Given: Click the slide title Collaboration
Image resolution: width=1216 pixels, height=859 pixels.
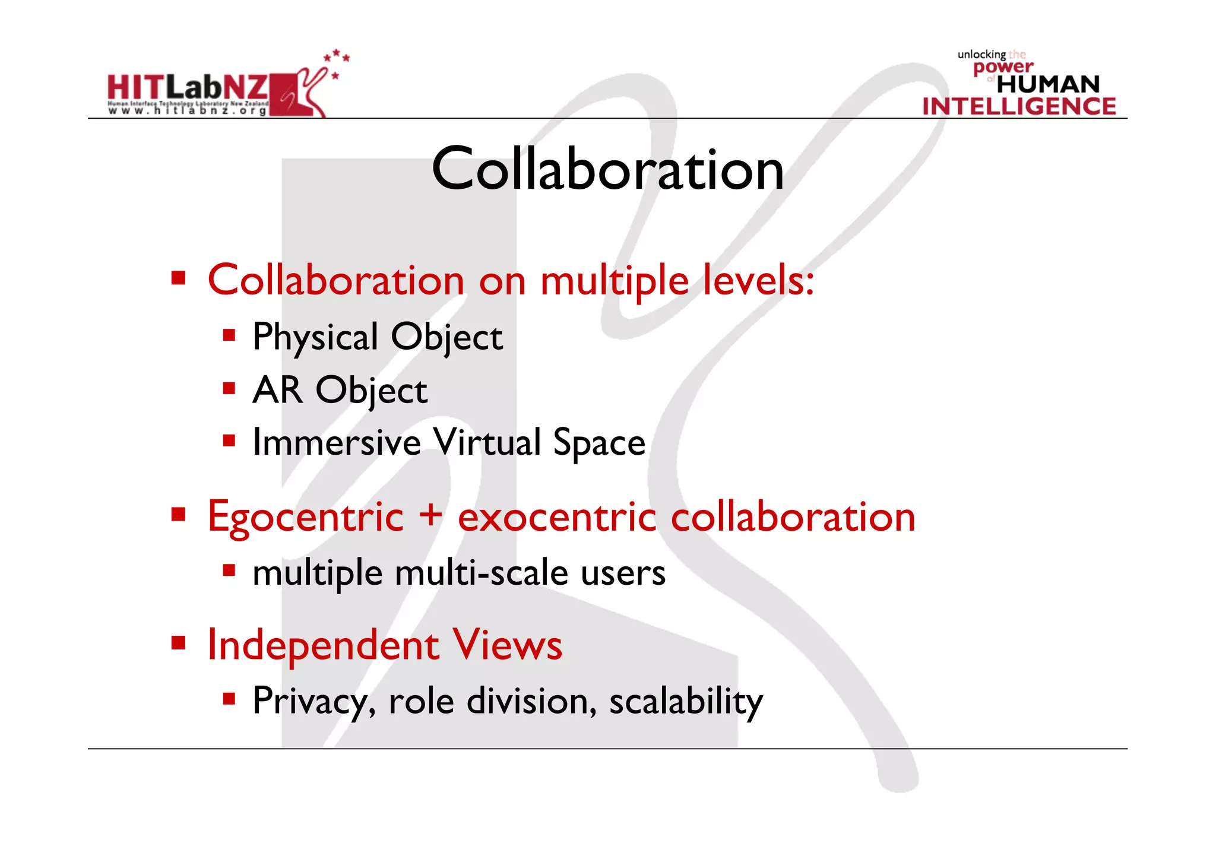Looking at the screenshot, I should [x=607, y=170].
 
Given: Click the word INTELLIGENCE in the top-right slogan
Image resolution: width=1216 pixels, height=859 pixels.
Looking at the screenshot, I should [x=1019, y=106].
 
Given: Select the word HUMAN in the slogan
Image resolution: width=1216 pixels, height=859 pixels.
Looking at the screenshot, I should [x=1048, y=84].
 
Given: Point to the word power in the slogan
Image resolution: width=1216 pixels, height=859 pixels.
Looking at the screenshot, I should [x=1003, y=68].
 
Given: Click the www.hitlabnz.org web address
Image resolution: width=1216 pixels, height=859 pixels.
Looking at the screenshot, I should [x=188, y=111].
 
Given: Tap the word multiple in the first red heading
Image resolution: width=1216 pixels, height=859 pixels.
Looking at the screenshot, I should [x=615, y=281].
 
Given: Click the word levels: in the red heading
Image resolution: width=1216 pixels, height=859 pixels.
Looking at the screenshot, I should [x=758, y=280].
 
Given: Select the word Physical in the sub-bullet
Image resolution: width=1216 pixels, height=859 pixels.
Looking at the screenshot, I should [x=315, y=338].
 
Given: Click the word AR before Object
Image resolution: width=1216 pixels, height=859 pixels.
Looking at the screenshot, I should [x=277, y=390].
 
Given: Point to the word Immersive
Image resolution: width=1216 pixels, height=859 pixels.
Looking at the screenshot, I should [x=337, y=443].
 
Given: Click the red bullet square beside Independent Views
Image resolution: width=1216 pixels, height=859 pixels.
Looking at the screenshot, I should [x=179, y=642].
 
